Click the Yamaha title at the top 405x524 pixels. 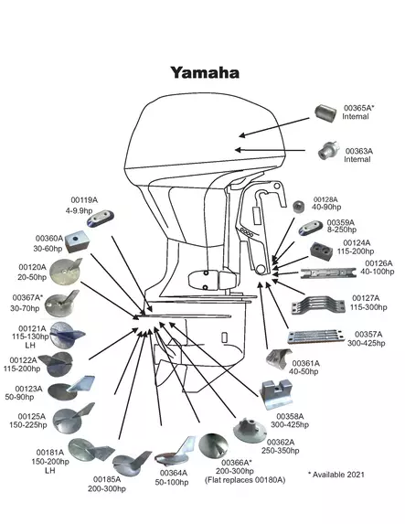pyautogui.click(x=205, y=72)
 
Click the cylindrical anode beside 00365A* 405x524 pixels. pyautogui.click(x=326, y=114)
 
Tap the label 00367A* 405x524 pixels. pyautogui.click(x=27, y=298)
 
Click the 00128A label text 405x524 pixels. pyautogui.click(x=325, y=198)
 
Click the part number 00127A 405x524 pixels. pyautogui.click(x=366, y=297)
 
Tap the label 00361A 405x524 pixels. pyautogui.click(x=304, y=362)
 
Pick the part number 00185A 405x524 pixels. pyautogui.click(x=108, y=478)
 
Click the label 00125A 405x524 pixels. pyautogui.click(x=31, y=415)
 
